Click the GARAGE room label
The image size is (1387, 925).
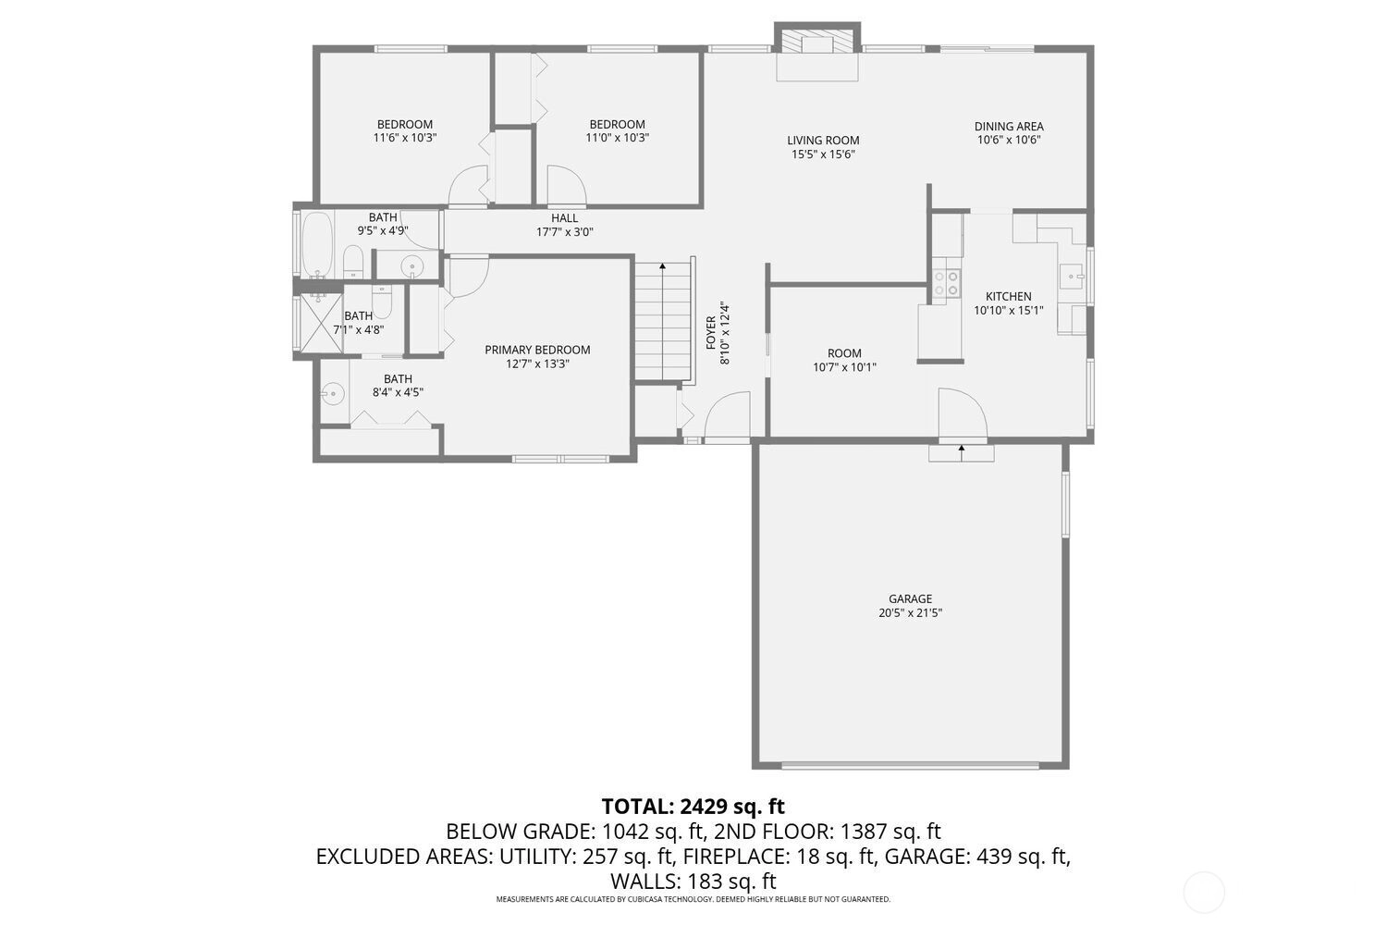click(910, 598)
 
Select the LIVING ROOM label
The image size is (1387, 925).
click(823, 140)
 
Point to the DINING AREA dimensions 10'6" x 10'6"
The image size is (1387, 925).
click(1009, 140)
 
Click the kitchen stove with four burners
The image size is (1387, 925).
click(946, 283)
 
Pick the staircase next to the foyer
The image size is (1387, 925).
click(663, 320)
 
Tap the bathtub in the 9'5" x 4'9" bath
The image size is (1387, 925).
click(318, 245)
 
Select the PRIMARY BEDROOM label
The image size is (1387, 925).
click(537, 350)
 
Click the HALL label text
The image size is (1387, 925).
click(565, 218)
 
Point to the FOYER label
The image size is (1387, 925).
click(711, 333)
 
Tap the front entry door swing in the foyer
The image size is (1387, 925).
click(729, 416)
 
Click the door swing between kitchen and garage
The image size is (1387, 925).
click(963, 413)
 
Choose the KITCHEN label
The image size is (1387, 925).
click(1009, 297)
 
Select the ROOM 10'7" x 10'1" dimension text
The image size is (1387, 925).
click(844, 367)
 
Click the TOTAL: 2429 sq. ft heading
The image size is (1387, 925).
click(693, 807)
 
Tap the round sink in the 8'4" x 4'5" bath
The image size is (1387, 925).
click(333, 393)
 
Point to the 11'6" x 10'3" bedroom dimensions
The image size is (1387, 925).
click(405, 138)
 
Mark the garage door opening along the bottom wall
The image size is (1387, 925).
click(910, 765)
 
